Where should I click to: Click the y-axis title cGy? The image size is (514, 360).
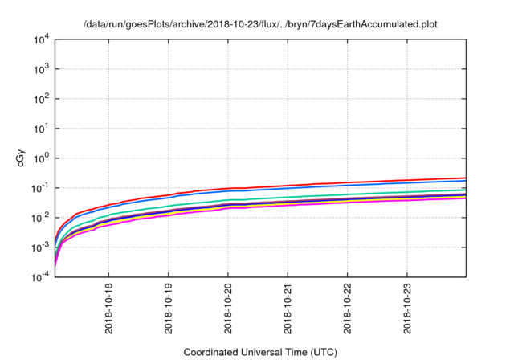click(21, 157)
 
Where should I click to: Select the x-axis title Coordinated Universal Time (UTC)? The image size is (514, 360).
click(261, 352)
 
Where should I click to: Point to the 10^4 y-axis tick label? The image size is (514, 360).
click(42, 39)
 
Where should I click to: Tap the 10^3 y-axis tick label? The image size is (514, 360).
click(42, 69)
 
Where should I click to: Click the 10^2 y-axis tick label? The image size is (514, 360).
click(42, 99)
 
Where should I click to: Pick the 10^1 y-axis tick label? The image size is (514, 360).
click(42, 129)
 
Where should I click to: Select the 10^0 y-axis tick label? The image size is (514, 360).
click(42, 158)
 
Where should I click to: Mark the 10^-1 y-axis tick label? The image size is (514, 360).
click(40, 188)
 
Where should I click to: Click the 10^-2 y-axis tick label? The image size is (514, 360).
click(40, 218)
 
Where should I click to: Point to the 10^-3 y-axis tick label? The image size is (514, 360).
click(40, 247)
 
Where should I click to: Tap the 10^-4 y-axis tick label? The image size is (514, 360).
click(40, 277)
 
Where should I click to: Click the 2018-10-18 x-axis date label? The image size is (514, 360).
click(108, 309)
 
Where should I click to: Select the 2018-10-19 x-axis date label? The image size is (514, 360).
click(168, 309)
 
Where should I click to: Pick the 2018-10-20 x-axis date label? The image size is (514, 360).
click(228, 309)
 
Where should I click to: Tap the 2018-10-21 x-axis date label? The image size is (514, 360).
click(288, 309)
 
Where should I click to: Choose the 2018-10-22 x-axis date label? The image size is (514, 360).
click(347, 309)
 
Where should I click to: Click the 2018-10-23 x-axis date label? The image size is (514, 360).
click(407, 309)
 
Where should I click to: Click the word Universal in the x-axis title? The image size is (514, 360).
click(269, 352)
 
